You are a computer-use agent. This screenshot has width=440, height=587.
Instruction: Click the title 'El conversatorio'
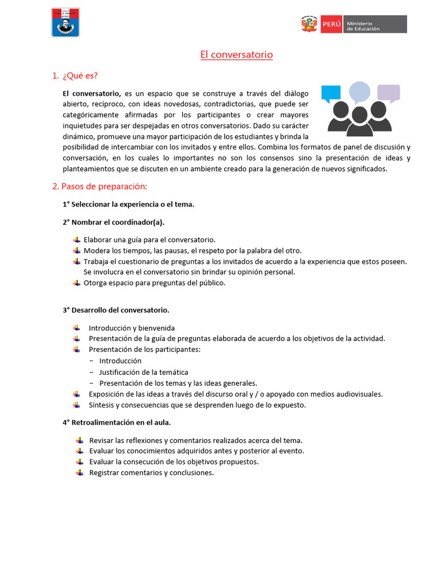point(237,55)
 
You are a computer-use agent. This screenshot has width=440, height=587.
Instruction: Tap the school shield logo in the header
point(65,22)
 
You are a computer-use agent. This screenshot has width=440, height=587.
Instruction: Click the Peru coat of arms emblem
point(309,24)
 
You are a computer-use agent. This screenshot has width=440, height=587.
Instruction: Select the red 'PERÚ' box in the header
point(332,24)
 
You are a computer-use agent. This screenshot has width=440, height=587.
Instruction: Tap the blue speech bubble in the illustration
point(331,93)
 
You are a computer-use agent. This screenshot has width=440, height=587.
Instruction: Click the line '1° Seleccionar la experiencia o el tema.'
point(128,204)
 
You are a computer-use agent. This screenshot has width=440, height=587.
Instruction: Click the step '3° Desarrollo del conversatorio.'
point(116,310)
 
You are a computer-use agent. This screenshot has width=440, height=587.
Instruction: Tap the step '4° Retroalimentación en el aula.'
point(117,422)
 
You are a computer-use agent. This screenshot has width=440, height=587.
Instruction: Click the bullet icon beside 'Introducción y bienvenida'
point(76,328)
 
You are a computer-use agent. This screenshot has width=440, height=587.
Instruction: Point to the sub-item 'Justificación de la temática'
point(143,372)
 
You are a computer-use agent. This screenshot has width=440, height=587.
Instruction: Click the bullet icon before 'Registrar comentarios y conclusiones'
point(78,472)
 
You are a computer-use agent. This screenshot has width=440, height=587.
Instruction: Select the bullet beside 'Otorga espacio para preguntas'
point(77,283)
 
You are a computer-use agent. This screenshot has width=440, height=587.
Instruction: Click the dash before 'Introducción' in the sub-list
point(92,361)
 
